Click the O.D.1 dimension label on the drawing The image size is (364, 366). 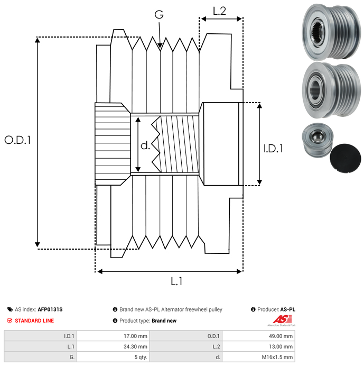18,140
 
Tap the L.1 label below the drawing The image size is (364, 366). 176,281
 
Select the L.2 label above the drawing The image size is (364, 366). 219,11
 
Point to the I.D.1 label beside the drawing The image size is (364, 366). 273,149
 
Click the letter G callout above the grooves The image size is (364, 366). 158,15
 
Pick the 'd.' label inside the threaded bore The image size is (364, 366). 145,145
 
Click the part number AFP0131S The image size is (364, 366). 53,309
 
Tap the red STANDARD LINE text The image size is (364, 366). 34,321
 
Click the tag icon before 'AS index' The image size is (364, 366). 10,309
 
